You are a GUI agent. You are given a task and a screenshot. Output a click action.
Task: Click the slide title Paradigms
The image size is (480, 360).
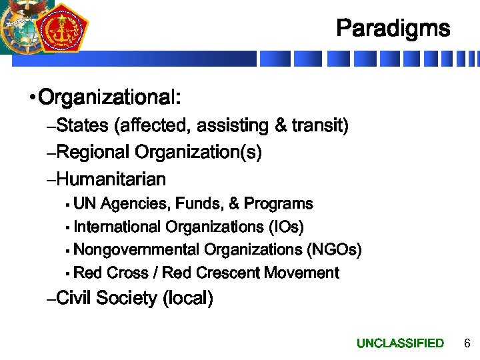(393, 28)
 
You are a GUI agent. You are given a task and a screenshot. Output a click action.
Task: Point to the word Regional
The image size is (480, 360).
(93, 153)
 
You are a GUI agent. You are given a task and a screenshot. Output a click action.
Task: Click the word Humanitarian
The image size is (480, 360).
(111, 179)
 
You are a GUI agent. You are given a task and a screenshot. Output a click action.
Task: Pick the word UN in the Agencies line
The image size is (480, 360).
(85, 203)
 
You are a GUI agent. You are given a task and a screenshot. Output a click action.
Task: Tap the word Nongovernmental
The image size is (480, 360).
(137, 250)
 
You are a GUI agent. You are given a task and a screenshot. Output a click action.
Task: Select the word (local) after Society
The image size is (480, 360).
(188, 298)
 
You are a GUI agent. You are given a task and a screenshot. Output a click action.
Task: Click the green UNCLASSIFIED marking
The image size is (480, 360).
(400, 343)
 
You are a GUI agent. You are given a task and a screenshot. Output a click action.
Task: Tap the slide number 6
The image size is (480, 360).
(467, 343)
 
